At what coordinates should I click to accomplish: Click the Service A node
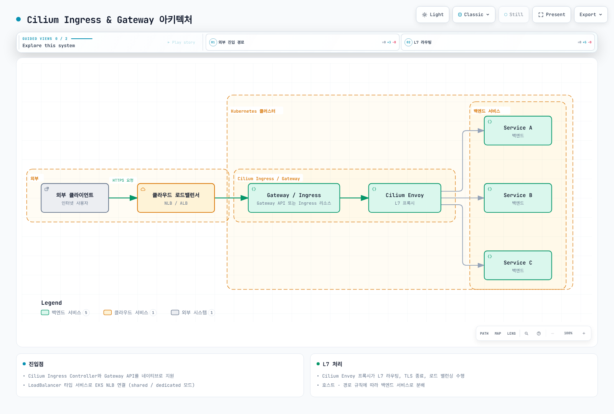pos(518,131)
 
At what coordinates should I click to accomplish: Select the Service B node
pos(518,198)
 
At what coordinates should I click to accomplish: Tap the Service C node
pos(518,265)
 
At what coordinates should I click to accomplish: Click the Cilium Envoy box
pos(404,198)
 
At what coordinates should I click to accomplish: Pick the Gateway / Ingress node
pos(294,198)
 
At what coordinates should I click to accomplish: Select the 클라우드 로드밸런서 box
pos(176,198)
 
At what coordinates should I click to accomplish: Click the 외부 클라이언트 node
pos(75,198)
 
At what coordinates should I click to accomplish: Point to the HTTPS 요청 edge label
pos(123,180)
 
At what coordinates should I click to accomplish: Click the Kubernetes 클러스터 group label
pos(253,111)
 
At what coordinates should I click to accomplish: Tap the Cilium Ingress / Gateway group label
pos(269,179)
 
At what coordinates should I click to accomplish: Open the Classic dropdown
pos(474,15)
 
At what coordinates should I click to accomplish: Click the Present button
pos(551,15)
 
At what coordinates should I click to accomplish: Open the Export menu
pos(591,15)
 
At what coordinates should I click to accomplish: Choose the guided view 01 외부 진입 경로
pos(302,42)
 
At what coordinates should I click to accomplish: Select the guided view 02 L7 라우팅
pos(498,42)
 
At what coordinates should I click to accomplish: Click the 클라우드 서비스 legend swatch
pos(107,312)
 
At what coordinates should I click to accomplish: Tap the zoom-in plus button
pos(584,333)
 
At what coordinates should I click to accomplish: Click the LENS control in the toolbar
pos(511,333)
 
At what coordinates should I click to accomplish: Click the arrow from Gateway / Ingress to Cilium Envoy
pos(354,198)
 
